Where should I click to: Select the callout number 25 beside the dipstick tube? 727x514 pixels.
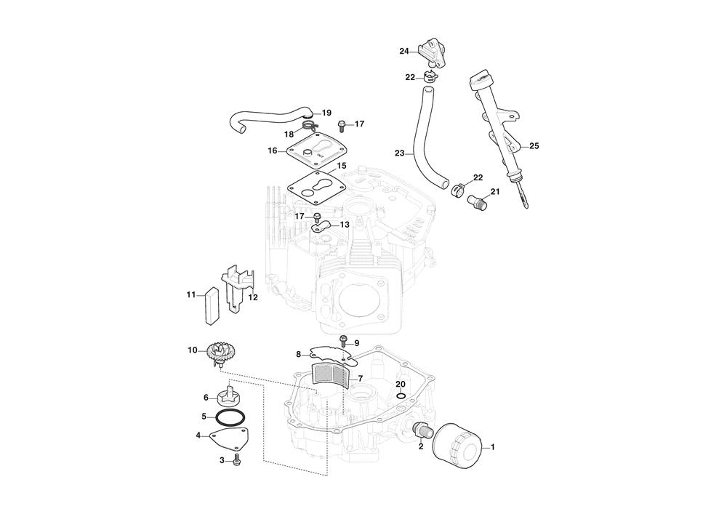pos(534,146)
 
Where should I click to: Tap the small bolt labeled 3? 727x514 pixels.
pos(238,459)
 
